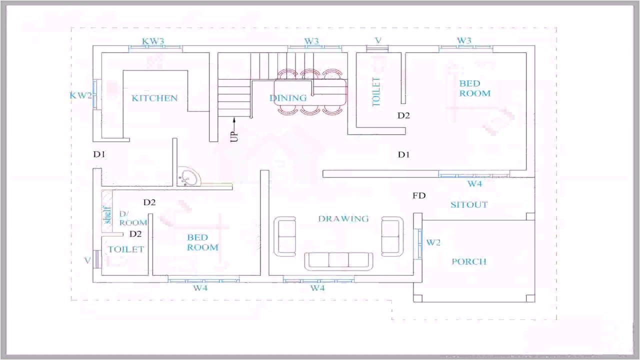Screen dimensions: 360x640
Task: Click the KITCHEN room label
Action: click(154, 98)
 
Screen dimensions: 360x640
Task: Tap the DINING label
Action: click(288, 98)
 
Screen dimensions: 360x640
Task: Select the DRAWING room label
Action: click(343, 218)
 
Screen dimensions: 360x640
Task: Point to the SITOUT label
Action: click(469, 204)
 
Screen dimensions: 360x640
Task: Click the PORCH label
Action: click(469, 261)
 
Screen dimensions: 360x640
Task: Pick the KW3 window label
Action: click(153, 41)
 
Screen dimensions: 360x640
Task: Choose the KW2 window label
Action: click(80, 95)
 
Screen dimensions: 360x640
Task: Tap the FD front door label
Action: click(419, 195)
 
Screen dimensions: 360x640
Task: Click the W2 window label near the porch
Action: click(433, 242)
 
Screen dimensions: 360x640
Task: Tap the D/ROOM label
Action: click(132, 218)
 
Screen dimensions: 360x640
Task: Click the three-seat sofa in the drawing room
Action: click(339, 260)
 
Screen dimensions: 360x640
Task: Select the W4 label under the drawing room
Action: click(317, 288)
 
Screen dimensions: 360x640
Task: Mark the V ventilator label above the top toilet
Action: click(378, 40)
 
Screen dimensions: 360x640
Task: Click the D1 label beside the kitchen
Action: click(99, 154)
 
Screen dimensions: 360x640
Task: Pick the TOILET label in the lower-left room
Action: click(126, 249)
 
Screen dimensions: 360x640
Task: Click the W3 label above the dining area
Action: click(311, 41)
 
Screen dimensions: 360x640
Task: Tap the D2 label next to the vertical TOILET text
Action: click(403, 115)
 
